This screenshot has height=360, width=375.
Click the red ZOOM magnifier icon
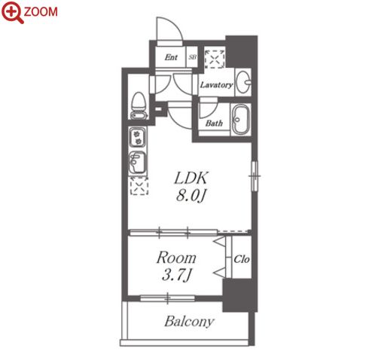click(x=12, y=12)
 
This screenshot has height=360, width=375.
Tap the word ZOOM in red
click(x=41, y=11)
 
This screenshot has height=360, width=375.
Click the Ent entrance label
click(x=171, y=57)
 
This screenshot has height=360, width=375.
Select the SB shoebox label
click(x=193, y=57)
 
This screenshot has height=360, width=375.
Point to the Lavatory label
click(x=216, y=85)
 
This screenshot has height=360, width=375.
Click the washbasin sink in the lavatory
click(x=243, y=82)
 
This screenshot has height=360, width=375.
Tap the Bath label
click(x=214, y=123)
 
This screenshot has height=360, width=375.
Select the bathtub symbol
click(x=241, y=119)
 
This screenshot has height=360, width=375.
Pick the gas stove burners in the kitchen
click(x=137, y=138)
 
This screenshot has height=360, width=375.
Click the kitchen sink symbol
click(x=137, y=162)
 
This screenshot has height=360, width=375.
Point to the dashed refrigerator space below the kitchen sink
click(x=139, y=186)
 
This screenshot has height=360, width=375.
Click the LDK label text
click(x=191, y=178)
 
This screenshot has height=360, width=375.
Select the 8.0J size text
click(x=191, y=196)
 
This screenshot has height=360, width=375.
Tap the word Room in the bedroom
click(x=176, y=258)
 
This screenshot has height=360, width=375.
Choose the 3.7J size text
click(x=177, y=275)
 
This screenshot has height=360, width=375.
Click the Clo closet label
click(x=242, y=259)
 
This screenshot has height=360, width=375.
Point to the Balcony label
click(x=189, y=322)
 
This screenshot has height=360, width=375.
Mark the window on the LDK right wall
click(x=255, y=176)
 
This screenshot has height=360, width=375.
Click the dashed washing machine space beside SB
click(x=215, y=59)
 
